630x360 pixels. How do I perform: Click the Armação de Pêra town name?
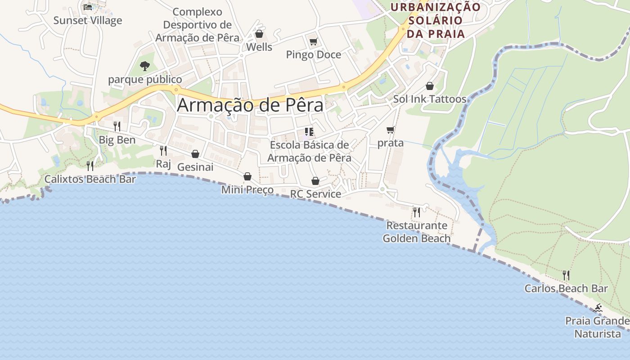point(250,105)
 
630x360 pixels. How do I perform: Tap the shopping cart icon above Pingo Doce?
point(313,42)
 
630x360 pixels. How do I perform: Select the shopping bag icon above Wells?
point(259,34)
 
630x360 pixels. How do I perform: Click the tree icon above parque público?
point(144,66)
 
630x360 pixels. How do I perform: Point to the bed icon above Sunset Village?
point(88,7)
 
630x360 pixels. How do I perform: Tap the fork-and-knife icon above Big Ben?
point(117,126)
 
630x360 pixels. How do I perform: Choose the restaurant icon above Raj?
point(163,150)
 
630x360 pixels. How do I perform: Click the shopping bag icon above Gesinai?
point(195,154)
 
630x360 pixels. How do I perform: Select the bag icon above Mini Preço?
point(247,176)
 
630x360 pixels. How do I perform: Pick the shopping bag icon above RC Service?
point(315,181)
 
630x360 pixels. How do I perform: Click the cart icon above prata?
point(390,130)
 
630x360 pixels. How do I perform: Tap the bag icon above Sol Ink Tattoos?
point(430,86)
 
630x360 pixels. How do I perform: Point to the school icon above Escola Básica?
point(309,132)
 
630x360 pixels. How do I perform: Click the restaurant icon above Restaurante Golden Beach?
point(417,211)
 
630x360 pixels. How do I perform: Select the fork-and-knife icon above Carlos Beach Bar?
point(566,275)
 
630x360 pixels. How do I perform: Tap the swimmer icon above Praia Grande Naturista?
point(598,308)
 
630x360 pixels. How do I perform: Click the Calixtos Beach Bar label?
point(90,179)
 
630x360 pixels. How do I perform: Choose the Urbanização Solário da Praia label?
point(435,20)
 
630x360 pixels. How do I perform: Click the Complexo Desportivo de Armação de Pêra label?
point(197,25)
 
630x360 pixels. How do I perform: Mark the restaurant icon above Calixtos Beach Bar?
point(90,166)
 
